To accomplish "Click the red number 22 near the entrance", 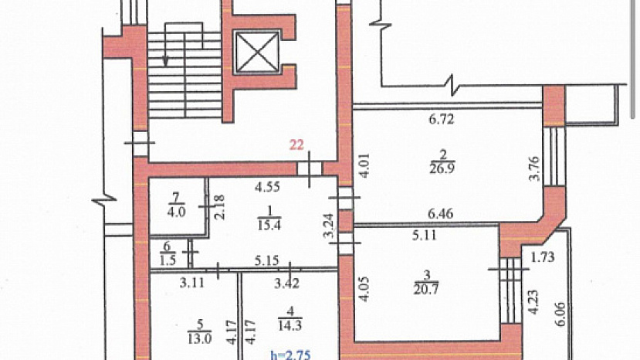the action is [x=296, y=145].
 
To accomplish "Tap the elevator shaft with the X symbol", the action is [x=257, y=53].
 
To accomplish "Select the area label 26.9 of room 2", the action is [x=442, y=168].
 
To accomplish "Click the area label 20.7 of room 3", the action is [x=426, y=289].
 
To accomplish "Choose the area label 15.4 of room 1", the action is [x=269, y=225].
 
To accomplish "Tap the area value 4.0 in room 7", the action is [x=176, y=212].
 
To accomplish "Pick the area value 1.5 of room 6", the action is [x=168, y=260].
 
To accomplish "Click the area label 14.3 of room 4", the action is [x=290, y=326].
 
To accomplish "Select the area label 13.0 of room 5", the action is [x=200, y=338].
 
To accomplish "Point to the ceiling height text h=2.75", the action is [x=290, y=355].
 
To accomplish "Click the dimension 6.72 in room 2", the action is [x=442, y=119].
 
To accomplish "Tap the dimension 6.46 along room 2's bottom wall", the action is [x=441, y=214].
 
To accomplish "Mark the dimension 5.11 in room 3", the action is [x=425, y=235].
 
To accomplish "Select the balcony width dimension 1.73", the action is [x=543, y=257].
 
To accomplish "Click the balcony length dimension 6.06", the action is [x=560, y=314].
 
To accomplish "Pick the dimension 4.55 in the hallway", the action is [x=267, y=187].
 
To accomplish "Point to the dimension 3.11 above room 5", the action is [x=191, y=283].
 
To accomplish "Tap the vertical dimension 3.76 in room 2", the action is [x=534, y=168].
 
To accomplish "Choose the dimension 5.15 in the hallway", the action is [x=266, y=260].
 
